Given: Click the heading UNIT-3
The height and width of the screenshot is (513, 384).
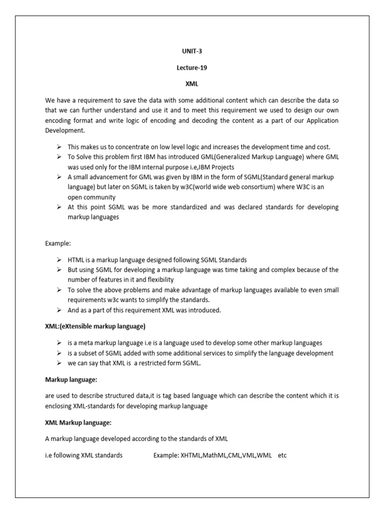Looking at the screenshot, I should (x=191, y=51).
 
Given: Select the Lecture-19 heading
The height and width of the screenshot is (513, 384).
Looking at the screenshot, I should (x=191, y=68).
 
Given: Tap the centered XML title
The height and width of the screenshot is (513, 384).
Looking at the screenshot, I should (x=191, y=84).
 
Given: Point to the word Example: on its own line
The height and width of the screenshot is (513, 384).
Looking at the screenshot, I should (x=58, y=243).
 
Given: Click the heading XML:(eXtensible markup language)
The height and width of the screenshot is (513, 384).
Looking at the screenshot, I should (x=95, y=327).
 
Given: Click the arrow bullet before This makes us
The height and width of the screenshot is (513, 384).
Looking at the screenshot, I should (x=59, y=147).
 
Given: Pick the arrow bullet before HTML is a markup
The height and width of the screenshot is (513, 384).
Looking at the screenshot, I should (x=59, y=260).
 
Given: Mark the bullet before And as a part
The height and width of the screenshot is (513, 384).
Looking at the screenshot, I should (x=59, y=310).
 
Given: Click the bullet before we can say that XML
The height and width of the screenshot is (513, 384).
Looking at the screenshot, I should (x=59, y=363).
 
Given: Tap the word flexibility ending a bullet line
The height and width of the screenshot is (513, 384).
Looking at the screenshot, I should (x=158, y=280).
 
